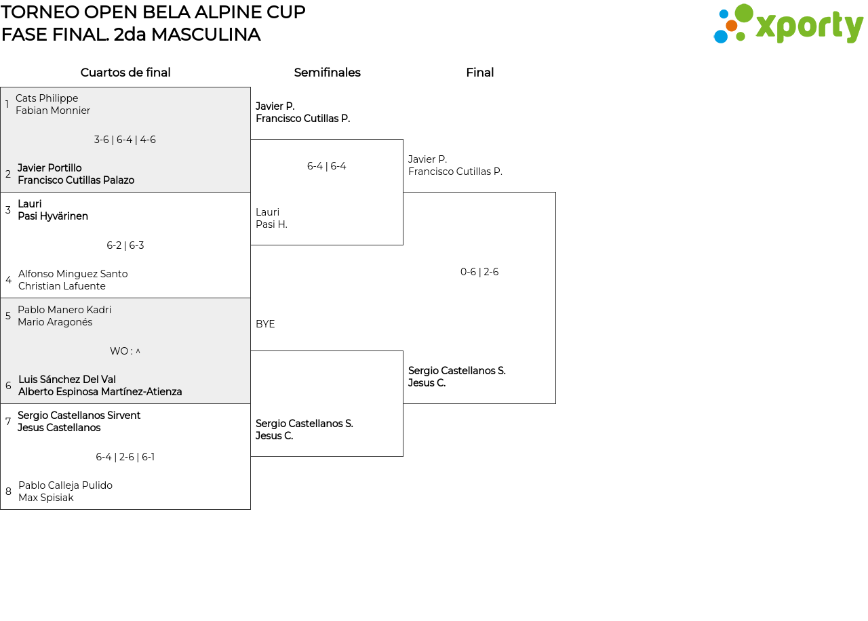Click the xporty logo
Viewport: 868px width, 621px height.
point(788,24)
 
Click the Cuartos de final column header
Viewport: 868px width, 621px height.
point(125,73)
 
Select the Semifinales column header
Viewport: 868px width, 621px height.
point(327,73)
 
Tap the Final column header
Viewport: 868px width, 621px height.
point(479,73)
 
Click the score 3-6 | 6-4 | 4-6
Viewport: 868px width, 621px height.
point(125,140)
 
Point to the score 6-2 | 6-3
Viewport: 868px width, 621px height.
point(125,245)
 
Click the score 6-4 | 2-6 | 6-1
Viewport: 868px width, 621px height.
point(125,457)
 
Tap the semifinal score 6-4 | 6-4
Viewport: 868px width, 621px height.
point(326,166)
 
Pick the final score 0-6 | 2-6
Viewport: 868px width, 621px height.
point(479,272)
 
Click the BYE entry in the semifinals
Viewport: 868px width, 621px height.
point(265,324)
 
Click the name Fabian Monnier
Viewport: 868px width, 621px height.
point(53,111)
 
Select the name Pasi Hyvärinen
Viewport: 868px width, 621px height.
point(53,216)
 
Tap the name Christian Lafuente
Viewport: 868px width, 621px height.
point(62,286)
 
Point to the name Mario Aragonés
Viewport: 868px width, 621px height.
point(55,322)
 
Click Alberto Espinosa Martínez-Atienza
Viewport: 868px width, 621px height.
point(100,392)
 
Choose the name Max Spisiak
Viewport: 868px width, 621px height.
point(45,498)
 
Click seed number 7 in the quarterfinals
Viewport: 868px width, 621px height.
point(7,422)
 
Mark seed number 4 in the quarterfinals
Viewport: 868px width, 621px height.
point(9,280)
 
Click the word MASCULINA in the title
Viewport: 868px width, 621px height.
point(205,35)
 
